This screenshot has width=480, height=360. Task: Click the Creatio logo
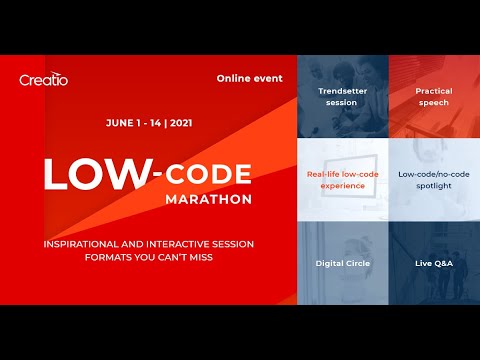[44, 79]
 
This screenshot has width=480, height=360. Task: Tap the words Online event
[250, 78]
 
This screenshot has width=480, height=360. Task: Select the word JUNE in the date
[122, 125]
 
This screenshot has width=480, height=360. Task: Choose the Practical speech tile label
[434, 97]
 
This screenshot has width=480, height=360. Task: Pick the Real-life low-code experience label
[342, 180]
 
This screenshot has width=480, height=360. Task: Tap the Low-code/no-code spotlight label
[434, 180]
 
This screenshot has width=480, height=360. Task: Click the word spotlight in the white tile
[434, 186]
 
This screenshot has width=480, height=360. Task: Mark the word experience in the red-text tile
[342, 186]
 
